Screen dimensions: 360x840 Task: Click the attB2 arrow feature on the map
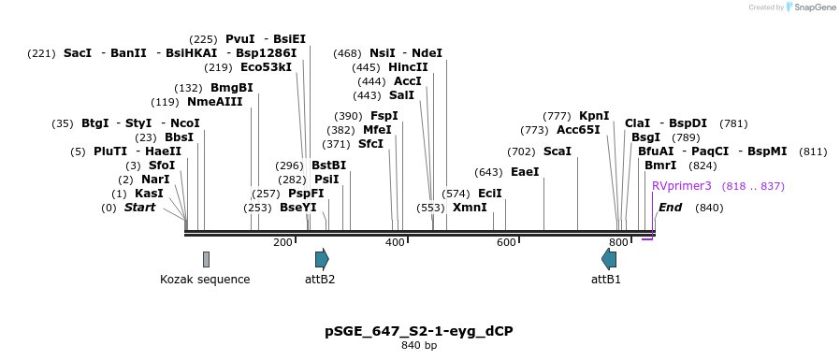pyautogui.click(x=321, y=259)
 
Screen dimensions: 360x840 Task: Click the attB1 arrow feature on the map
pyautogui.click(x=609, y=259)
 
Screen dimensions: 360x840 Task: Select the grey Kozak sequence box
pyautogui.click(x=206, y=259)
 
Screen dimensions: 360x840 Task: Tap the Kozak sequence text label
pyautogui.click(x=205, y=279)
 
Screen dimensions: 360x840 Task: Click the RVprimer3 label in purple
pyautogui.click(x=682, y=186)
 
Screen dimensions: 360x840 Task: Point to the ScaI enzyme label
pyautogui.click(x=557, y=151)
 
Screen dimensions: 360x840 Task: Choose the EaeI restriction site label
pyautogui.click(x=525, y=172)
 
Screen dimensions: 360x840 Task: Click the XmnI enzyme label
pyautogui.click(x=470, y=208)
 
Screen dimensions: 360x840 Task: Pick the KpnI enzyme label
pyautogui.click(x=594, y=116)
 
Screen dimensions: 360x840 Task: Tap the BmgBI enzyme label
pyautogui.click(x=231, y=88)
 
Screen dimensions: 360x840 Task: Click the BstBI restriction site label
pyautogui.click(x=328, y=166)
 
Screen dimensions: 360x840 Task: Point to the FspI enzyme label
pyautogui.click(x=384, y=116)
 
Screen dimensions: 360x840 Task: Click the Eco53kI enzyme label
pyautogui.click(x=266, y=67)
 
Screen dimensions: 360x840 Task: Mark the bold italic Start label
pyautogui.click(x=139, y=208)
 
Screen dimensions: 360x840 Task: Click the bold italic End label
pyautogui.click(x=670, y=208)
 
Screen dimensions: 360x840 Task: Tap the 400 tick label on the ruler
pyautogui.click(x=395, y=243)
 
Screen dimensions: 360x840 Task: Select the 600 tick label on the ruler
pyautogui.click(x=506, y=243)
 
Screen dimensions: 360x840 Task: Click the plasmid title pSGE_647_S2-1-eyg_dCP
pyautogui.click(x=419, y=331)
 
